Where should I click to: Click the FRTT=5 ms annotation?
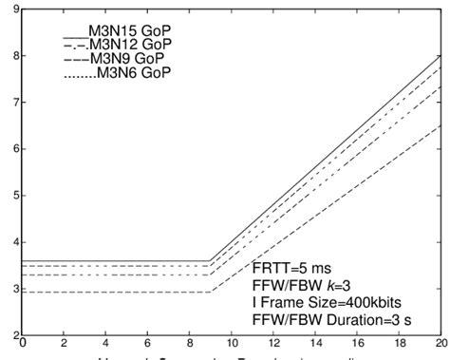click(x=294, y=267)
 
